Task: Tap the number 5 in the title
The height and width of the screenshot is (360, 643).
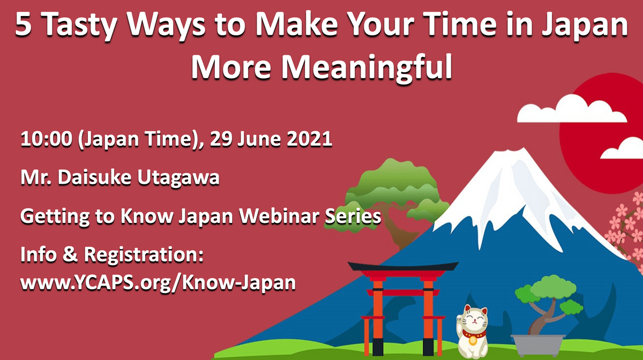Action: pyautogui.click(x=23, y=24)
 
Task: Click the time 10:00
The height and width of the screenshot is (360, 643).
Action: pyautogui.click(x=46, y=139)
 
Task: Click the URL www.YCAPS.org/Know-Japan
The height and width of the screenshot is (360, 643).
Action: pyautogui.click(x=158, y=283)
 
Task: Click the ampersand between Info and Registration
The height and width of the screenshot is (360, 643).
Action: pyautogui.click(x=70, y=254)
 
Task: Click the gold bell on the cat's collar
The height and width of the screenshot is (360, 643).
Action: pyautogui.click(x=473, y=341)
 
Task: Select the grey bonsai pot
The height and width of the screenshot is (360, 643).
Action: pyautogui.click(x=538, y=344)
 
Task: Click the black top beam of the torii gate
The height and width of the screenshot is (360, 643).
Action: pyautogui.click(x=403, y=266)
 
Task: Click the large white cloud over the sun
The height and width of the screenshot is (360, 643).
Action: pyautogui.click(x=571, y=110)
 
